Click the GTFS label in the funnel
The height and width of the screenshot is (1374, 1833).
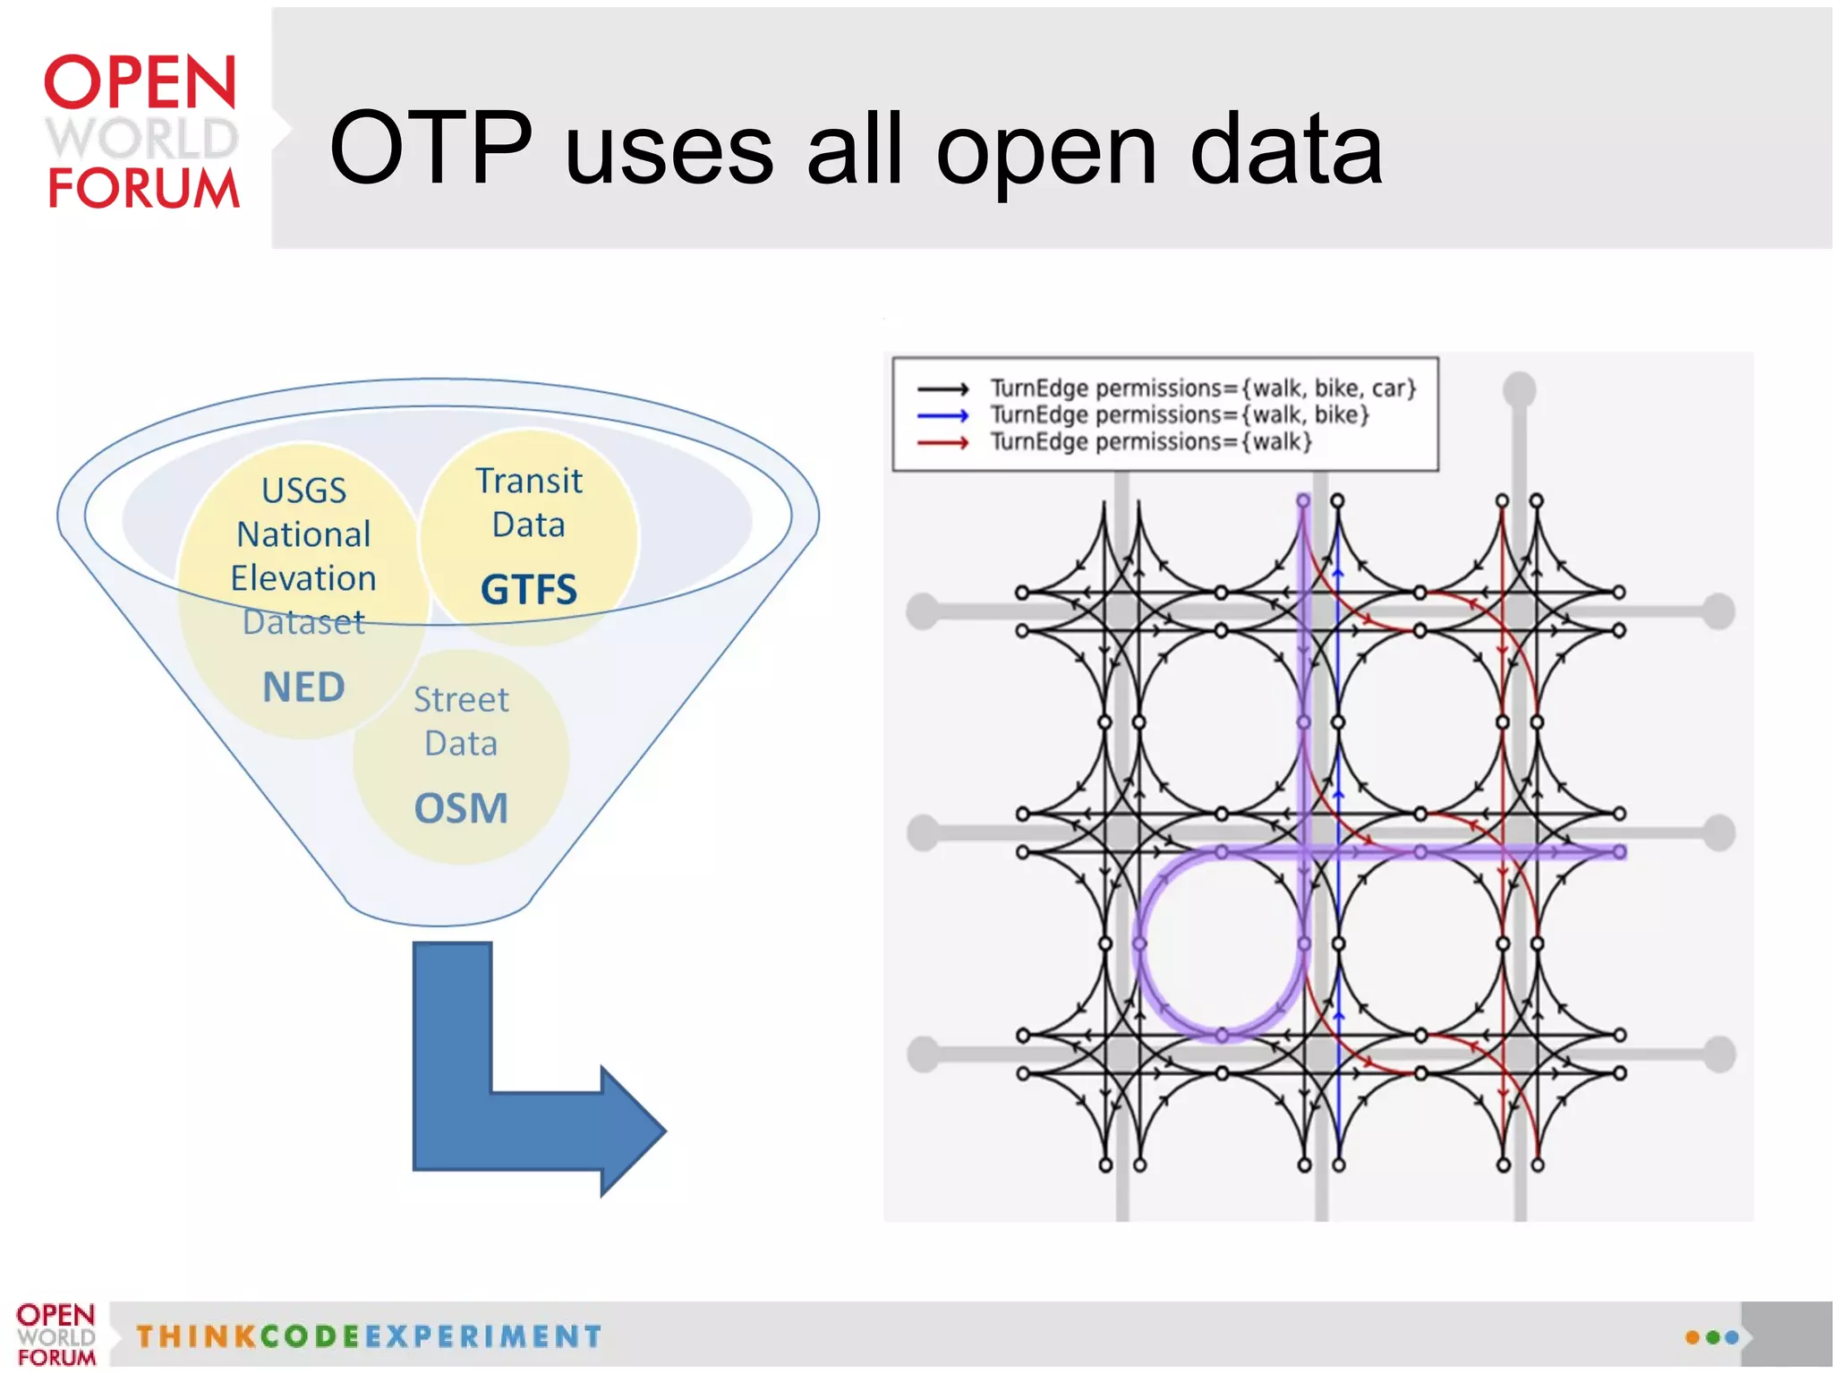tap(528, 590)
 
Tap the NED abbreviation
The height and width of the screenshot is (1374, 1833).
tap(303, 687)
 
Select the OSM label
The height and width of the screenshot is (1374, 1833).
tap(461, 808)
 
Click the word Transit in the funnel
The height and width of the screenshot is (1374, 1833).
tap(528, 482)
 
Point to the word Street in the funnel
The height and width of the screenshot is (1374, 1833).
tap(461, 700)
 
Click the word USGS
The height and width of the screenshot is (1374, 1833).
tap(303, 491)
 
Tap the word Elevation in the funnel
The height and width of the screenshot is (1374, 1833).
tap(303, 578)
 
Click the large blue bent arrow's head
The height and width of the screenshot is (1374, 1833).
tap(631, 1131)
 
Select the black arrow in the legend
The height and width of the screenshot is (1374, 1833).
tap(942, 389)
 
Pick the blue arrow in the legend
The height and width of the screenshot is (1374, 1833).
tap(942, 415)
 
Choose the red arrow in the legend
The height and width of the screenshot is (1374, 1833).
tap(942, 442)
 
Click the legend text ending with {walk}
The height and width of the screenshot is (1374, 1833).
tap(1151, 442)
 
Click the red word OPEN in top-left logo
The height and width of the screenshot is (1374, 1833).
tap(141, 82)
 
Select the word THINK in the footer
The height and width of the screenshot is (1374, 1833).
tap(197, 1336)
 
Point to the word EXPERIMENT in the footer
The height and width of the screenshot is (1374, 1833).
tap(483, 1336)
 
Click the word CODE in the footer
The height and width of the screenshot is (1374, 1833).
tap(310, 1336)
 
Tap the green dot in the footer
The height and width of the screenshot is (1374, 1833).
tap(1712, 1337)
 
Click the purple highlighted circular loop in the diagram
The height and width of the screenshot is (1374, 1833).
tap(1140, 944)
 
